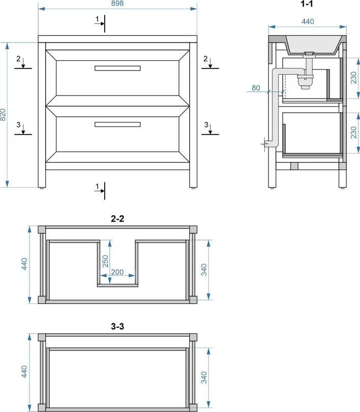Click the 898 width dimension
coord(117,4)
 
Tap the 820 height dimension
coord(3,115)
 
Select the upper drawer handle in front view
coord(117,68)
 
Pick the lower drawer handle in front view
coord(117,124)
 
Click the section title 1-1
coord(307,4)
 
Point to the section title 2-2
coord(117,218)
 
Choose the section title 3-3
coord(117,326)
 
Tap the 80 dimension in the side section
coord(256,88)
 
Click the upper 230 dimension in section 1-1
coord(354,78)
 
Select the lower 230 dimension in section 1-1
coord(354,133)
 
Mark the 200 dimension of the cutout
coord(117,272)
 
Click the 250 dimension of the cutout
coord(105,261)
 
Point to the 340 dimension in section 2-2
coord(204,270)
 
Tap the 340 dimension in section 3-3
coord(204,377)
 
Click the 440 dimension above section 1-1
coord(308,21)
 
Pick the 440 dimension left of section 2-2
coord(24,264)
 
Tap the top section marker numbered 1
coord(101,23)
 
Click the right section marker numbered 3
coord(210,129)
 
